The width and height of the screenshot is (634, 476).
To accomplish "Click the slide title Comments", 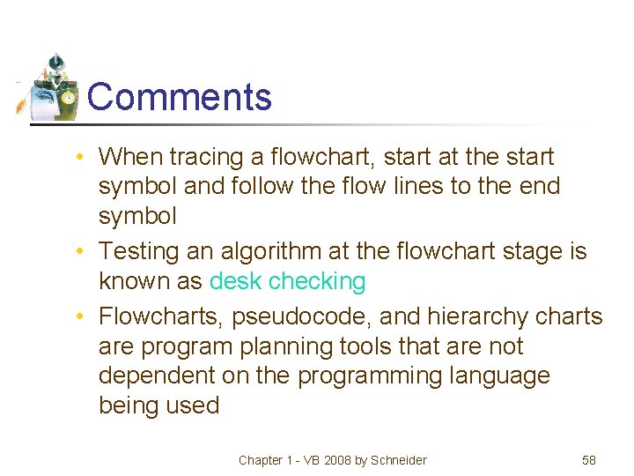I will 180,96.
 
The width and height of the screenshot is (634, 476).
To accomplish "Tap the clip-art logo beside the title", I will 51,88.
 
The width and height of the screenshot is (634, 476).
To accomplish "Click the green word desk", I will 235,282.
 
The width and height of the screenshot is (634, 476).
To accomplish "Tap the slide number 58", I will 589,460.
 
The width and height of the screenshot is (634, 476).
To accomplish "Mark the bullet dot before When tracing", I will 80,158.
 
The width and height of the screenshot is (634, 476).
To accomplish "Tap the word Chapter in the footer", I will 261,460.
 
